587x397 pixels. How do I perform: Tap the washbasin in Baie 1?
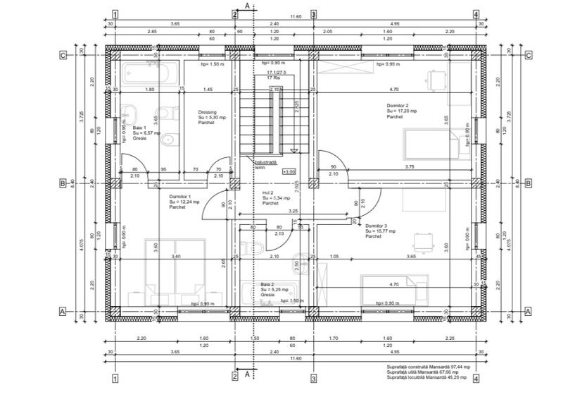pyautogui.click(x=130, y=114)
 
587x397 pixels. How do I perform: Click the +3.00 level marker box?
pyautogui.click(x=289, y=171)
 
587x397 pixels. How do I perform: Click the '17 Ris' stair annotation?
pyautogui.click(x=274, y=78)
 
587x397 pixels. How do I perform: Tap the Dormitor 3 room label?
pyautogui.click(x=381, y=231)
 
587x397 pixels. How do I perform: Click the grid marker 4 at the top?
pyautogui.click(x=476, y=14)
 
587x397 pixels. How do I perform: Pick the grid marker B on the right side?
pyautogui.click(x=528, y=183)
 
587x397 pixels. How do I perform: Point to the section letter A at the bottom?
pyautogui.click(x=248, y=374)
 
